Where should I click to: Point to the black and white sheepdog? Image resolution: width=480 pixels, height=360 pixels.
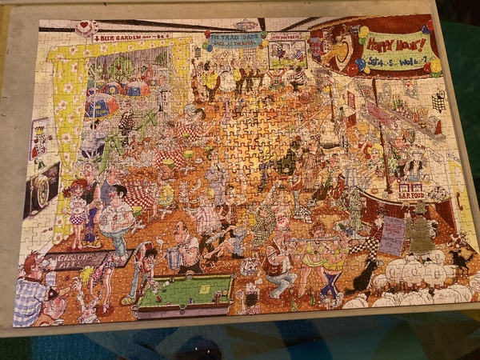tap(364, 276)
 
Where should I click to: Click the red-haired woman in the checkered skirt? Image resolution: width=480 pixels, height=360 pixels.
tap(78, 213)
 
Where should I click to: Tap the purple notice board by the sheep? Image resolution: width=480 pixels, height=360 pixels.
tap(392, 234)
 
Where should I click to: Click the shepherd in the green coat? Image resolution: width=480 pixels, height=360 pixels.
tap(418, 232)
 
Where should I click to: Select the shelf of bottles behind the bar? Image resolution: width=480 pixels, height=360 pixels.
tap(408, 112)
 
